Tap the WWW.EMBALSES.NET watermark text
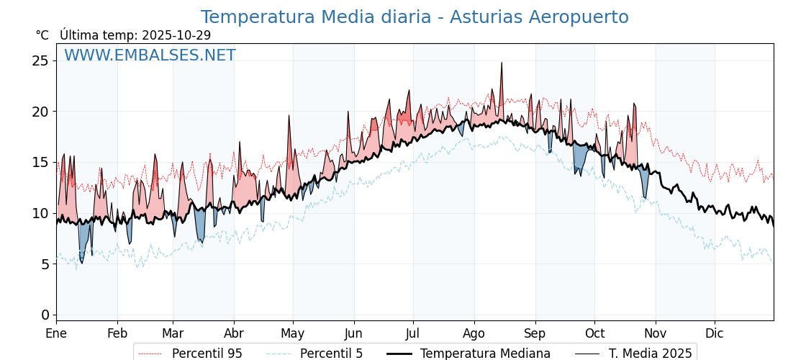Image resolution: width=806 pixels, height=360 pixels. (x=150, y=55)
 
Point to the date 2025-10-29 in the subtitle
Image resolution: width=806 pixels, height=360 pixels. (x=176, y=35)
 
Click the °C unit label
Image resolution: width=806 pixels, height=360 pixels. (x=42, y=35)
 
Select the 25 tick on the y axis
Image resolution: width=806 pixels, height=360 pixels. (x=40, y=60)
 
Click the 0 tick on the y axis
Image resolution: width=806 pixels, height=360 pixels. (x=45, y=315)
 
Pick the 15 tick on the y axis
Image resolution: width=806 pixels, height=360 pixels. (x=40, y=162)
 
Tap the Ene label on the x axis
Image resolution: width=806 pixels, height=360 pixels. (x=56, y=333)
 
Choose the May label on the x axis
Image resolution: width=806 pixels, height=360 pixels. (x=292, y=333)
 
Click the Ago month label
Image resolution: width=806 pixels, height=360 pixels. (x=474, y=333)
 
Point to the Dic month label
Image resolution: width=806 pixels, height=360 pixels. (x=715, y=333)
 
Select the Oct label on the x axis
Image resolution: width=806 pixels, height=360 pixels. (x=594, y=333)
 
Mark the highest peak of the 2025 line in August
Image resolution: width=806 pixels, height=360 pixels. (x=502, y=63)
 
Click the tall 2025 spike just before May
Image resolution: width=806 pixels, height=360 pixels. (x=289, y=116)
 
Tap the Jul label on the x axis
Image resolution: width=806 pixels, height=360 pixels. (x=413, y=333)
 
